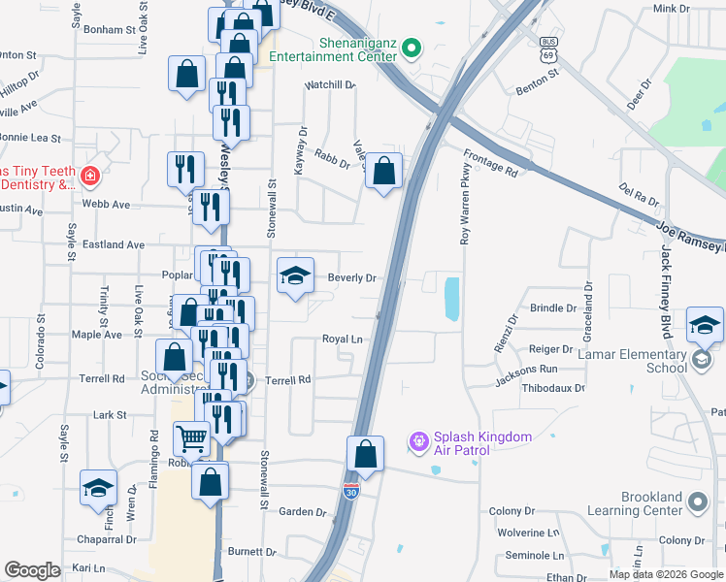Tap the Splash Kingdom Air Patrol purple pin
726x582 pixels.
419,442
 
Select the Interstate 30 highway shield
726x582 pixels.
351,493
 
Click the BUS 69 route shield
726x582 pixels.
549,50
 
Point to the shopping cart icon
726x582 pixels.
192,438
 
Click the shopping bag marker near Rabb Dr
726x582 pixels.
384,171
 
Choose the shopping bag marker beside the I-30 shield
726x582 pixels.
365,453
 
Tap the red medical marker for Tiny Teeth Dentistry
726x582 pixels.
90,177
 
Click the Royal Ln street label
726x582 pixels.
343,339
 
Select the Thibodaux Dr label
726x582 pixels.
552,388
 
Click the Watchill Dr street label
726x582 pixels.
330,85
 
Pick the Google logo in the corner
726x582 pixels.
33,570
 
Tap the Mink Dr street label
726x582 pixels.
671,9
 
